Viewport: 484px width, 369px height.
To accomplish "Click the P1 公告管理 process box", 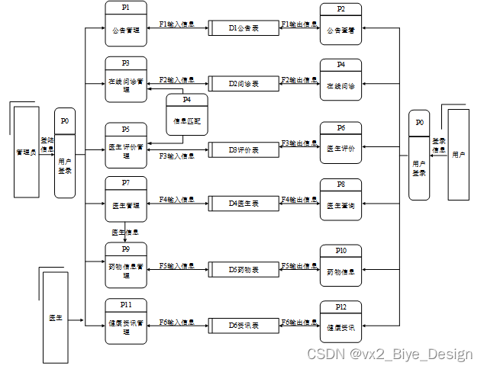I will tap(126, 24).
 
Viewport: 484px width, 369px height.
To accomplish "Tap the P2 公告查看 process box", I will tap(340, 24).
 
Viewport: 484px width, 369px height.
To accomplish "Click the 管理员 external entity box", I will tap(27, 152).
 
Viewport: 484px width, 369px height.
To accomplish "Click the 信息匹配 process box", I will tap(186, 115).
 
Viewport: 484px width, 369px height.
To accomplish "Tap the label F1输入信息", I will tap(176, 24).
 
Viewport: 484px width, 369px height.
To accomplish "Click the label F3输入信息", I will tap(176, 156).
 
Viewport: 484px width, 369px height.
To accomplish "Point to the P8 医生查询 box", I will tap(340, 200).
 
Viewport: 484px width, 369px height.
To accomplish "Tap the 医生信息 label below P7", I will tap(124, 231).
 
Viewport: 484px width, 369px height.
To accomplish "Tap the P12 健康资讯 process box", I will tap(340, 322).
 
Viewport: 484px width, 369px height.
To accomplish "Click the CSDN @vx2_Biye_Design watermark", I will tap(389, 355).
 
